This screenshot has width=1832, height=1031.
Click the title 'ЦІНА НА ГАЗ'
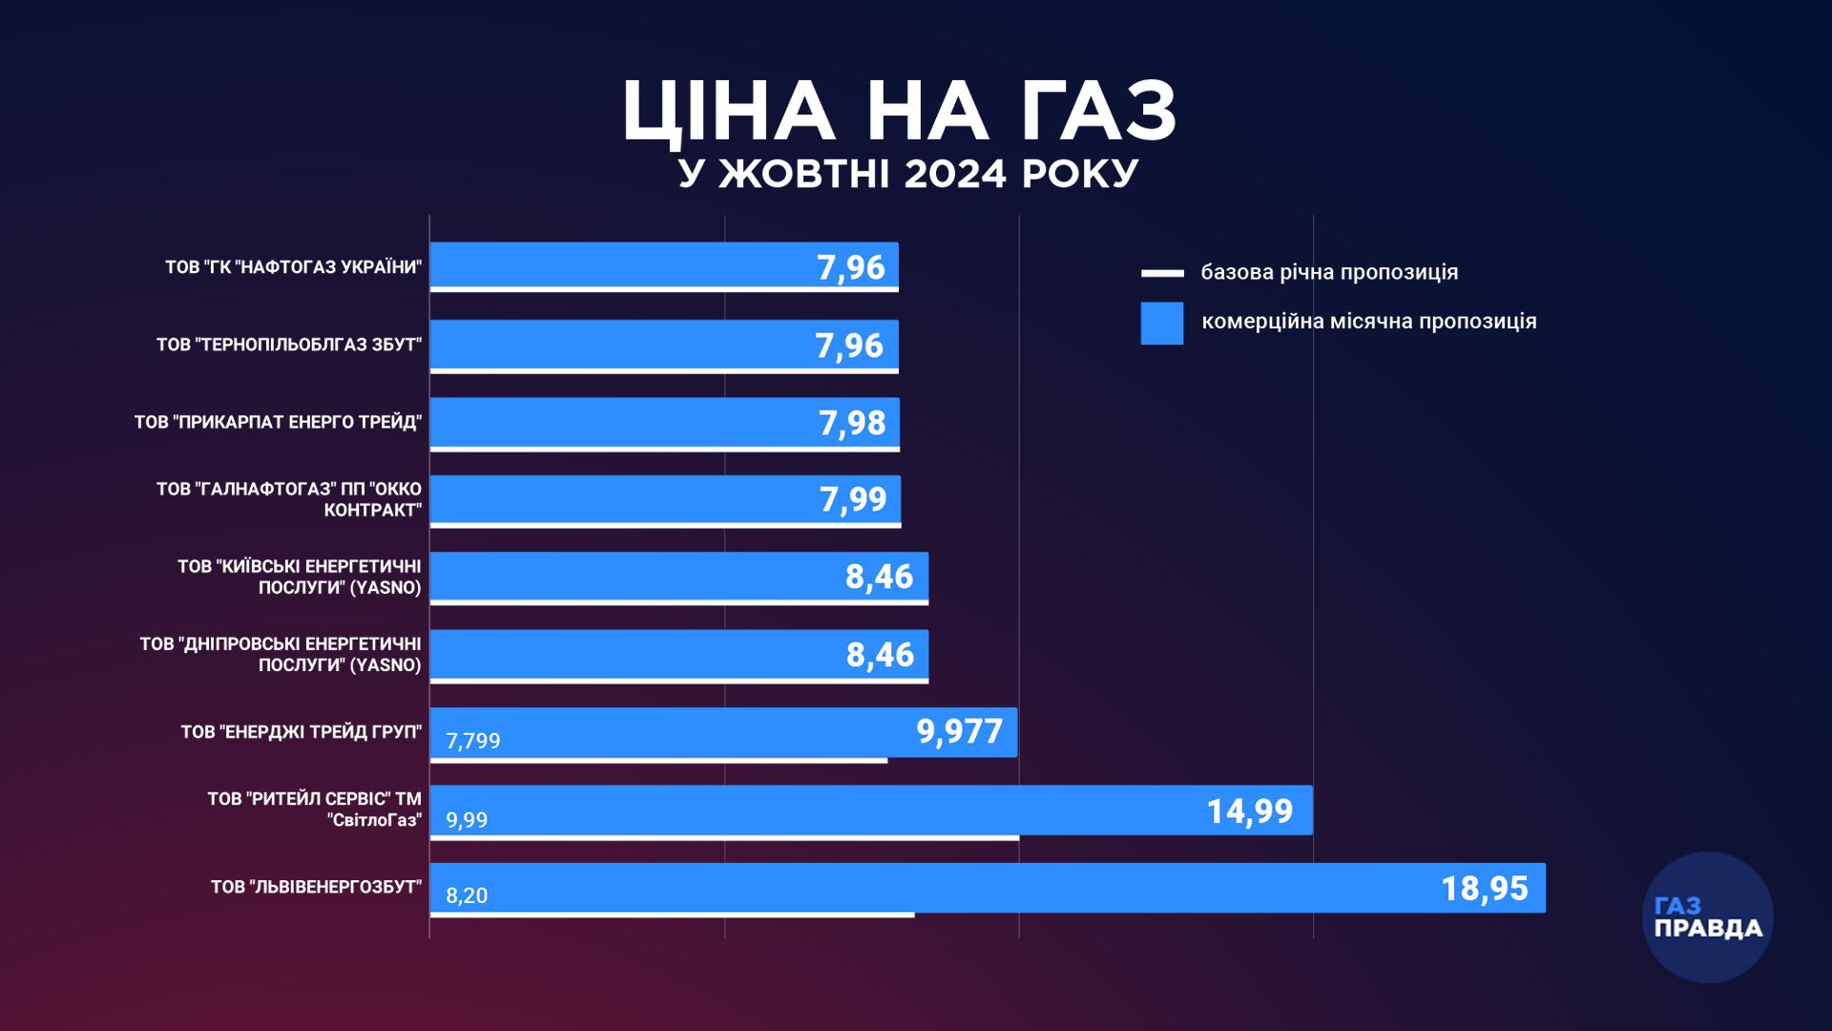click(x=900, y=112)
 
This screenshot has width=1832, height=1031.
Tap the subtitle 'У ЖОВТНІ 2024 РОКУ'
click(x=908, y=175)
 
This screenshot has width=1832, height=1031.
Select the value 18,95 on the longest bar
click(x=1484, y=889)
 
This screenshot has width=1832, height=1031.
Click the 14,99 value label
click(x=1249, y=811)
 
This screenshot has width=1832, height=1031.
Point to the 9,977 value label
click(x=959, y=732)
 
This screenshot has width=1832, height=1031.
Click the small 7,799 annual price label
click(x=473, y=742)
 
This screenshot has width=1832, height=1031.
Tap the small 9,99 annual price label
click(x=467, y=820)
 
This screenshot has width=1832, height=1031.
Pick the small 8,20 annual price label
click(x=467, y=895)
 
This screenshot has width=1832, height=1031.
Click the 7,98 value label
click(x=852, y=423)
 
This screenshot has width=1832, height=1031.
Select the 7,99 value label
click(x=853, y=499)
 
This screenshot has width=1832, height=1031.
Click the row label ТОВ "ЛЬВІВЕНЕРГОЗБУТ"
click(x=316, y=888)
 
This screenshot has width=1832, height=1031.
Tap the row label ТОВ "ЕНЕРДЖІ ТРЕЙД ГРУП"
click(x=301, y=732)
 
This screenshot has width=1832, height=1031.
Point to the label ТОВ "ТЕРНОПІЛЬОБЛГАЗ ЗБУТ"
click(x=288, y=345)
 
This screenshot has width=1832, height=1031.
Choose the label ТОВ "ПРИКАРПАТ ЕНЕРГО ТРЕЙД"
click(x=278, y=422)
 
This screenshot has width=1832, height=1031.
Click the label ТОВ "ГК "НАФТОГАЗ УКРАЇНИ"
click(x=293, y=267)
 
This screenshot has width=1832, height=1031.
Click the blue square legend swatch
click(x=1161, y=323)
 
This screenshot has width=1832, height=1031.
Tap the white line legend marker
click(x=1161, y=273)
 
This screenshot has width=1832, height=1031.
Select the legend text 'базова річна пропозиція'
click(x=1329, y=272)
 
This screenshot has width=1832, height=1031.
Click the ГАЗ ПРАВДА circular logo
click(x=1707, y=917)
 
